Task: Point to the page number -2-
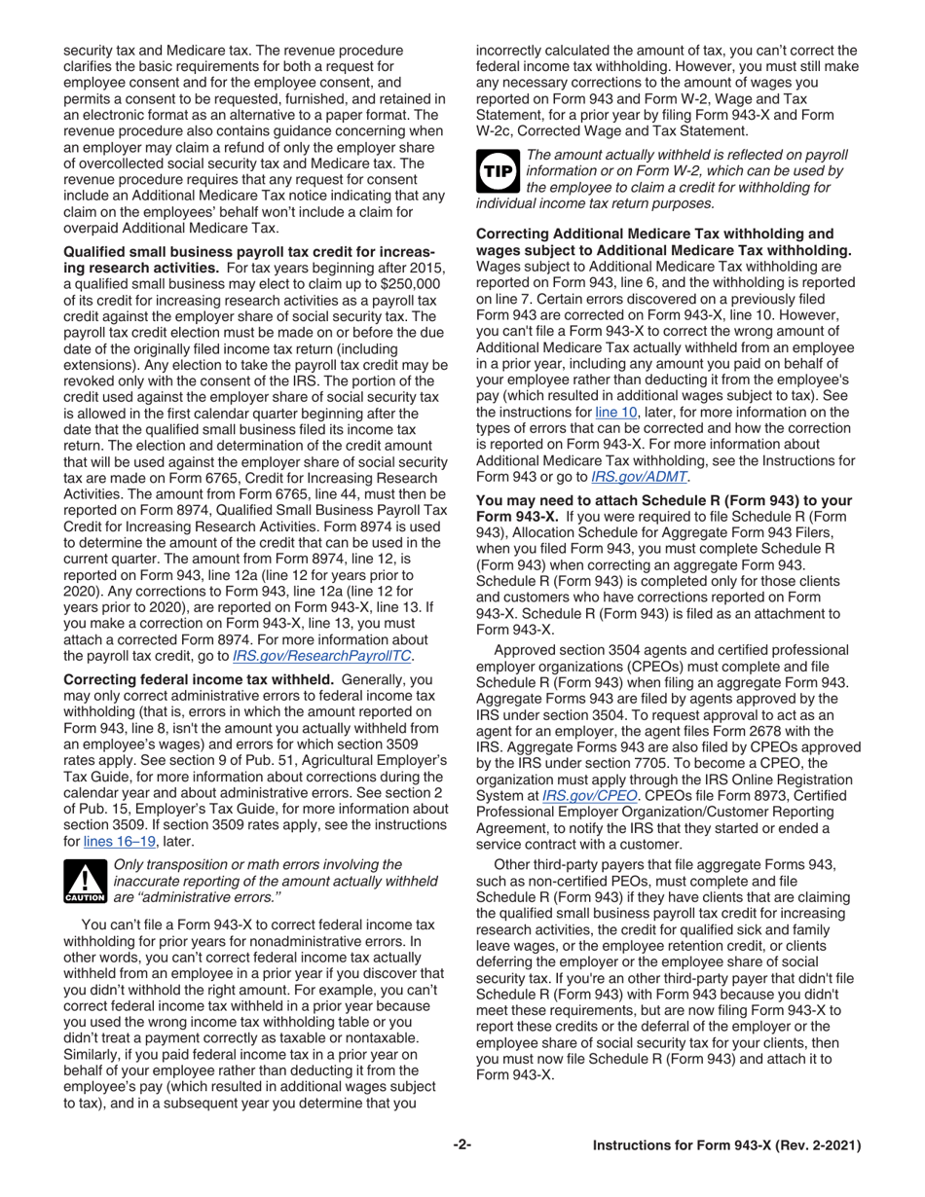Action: tap(462, 1145)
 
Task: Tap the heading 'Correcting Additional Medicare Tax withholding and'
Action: tap(654, 234)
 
